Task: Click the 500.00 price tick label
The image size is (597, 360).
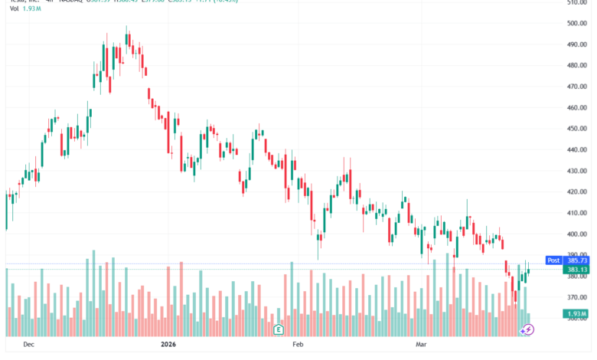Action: [x=577, y=23]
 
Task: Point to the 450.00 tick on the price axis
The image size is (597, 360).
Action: [x=577, y=129]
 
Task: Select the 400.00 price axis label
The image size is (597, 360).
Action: [x=577, y=234]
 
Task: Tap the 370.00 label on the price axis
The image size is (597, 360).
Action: [x=577, y=297]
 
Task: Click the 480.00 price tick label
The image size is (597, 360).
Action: [x=577, y=65]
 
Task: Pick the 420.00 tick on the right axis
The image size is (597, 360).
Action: [x=577, y=192]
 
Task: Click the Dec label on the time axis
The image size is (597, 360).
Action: [x=30, y=345]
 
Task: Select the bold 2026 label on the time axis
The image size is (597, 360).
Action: [x=170, y=345]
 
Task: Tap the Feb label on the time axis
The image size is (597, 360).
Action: [x=298, y=345]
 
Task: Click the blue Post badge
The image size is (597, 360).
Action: [x=553, y=260]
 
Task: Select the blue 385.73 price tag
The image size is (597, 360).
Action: [x=577, y=260]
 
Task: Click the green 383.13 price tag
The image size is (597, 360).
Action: [x=577, y=270]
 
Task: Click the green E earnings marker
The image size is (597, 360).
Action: [x=279, y=329]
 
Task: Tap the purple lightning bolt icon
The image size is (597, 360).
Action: [x=527, y=329]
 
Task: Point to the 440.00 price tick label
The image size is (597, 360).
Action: [x=577, y=150]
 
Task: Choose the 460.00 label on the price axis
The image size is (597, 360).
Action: [x=577, y=107]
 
